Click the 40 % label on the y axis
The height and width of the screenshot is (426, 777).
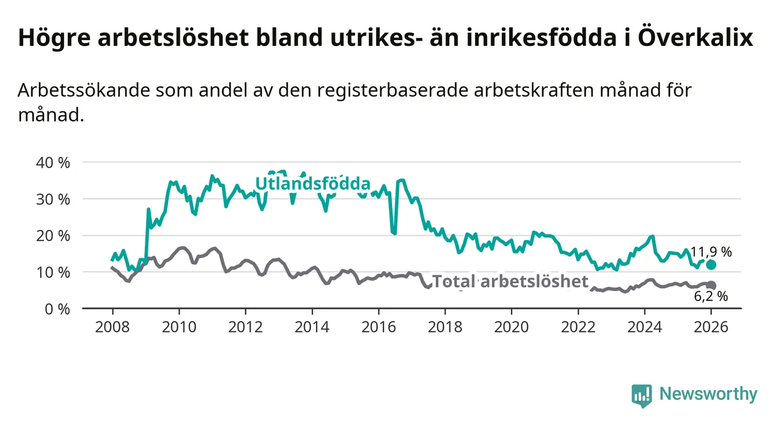pos(53,163)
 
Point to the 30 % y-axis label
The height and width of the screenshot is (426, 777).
pos(53,199)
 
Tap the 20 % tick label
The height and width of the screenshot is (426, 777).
pos(53,236)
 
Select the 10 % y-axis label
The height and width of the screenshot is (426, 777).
pos(53,272)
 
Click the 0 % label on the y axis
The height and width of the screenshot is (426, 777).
pos(57,309)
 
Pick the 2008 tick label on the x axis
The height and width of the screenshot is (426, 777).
pos(112,327)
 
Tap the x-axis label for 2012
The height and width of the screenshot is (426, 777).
pos(245,327)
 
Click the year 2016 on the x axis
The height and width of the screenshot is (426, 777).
pos(378,327)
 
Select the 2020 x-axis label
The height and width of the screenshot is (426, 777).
pos(511,327)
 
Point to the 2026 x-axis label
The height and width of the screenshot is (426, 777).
pos(711,327)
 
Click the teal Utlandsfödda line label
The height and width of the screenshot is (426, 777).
pos(313,184)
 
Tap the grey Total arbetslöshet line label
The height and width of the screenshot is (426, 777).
pos(510,282)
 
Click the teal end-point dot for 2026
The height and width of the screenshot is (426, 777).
pos(711,265)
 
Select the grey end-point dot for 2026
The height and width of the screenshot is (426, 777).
pos(711,285)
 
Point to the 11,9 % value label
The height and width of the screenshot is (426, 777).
pos(711,252)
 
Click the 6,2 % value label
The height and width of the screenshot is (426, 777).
pos(711,297)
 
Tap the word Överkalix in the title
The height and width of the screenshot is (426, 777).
pos(695,38)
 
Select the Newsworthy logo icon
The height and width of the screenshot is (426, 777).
pos(641,395)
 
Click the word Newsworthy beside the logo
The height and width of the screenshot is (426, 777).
pos(708,395)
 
